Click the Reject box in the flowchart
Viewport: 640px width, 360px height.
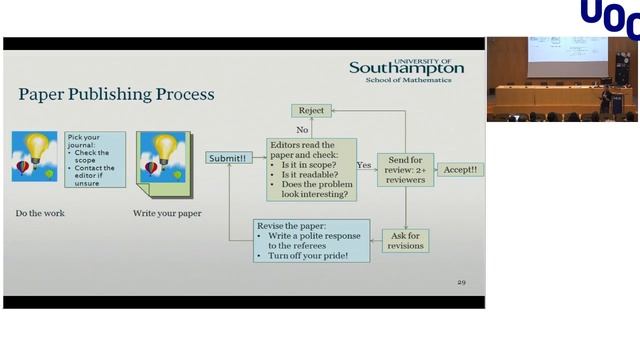tap(310, 110)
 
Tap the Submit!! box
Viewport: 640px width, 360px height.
tap(228, 158)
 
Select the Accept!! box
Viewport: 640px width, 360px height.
tap(460, 169)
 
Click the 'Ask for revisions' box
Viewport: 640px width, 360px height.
tap(405, 240)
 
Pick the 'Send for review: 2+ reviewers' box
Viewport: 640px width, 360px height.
tap(404, 168)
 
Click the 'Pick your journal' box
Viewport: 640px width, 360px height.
tap(95, 159)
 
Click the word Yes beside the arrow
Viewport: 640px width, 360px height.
tap(364, 164)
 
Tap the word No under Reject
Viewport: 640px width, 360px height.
tap(301, 129)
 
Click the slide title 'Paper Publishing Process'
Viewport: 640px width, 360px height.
tap(116, 95)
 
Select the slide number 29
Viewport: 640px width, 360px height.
tap(461, 282)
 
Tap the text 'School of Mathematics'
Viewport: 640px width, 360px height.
tap(408, 80)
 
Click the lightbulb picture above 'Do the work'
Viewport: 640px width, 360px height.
tap(35, 157)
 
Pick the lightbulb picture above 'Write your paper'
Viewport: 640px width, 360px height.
tap(163, 157)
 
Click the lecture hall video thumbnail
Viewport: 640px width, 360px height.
tap(562, 79)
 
